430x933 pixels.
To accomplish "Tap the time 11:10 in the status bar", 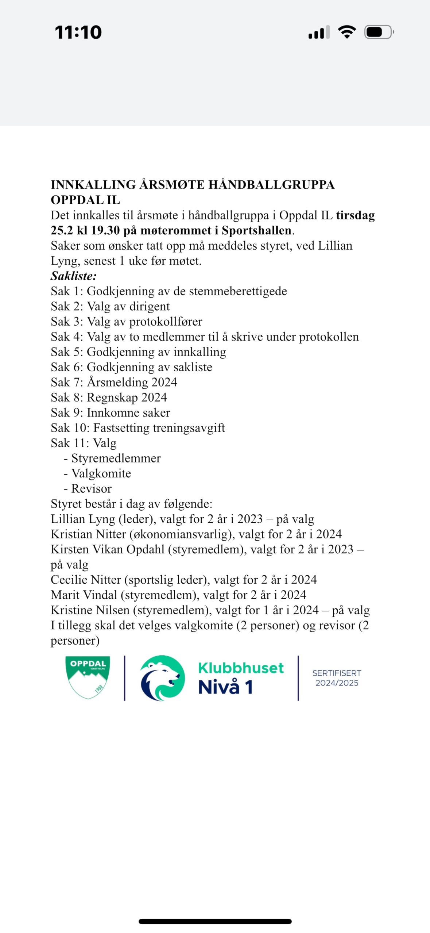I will [x=78, y=32].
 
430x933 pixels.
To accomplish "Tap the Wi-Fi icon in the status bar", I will [x=347, y=32].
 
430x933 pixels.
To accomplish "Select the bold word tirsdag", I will [x=355, y=215].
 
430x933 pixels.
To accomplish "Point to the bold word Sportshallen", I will [x=256, y=231].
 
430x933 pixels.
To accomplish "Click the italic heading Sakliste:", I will [x=74, y=276].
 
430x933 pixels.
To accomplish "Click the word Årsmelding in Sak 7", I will [x=117, y=382].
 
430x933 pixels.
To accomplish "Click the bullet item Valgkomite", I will [x=101, y=473].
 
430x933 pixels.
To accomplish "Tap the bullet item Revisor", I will [x=91, y=489].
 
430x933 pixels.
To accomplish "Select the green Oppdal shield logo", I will [x=88, y=677].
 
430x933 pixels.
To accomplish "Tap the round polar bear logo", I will [x=162, y=678].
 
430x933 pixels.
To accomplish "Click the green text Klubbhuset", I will [x=241, y=668].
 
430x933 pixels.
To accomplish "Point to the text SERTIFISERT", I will [x=337, y=673].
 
